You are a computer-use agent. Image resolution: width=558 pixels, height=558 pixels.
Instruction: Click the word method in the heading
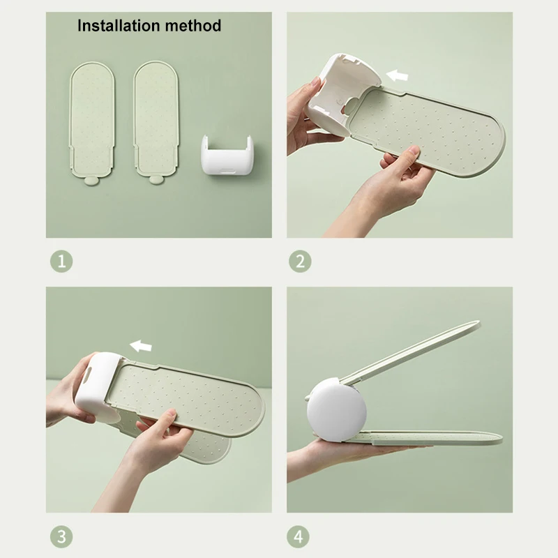coord(193,26)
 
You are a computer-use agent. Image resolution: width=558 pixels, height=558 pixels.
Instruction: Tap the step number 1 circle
coord(61,261)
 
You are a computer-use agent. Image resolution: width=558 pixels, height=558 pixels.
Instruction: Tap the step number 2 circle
coord(300,261)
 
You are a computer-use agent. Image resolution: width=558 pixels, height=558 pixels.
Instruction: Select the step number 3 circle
coord(61,536)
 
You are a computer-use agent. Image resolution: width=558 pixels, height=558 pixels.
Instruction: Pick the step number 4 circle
coord(299,536)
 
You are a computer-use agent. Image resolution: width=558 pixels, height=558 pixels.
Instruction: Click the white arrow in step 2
coord(397,75)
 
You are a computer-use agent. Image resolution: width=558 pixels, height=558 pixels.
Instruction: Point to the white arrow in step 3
coord(141,345)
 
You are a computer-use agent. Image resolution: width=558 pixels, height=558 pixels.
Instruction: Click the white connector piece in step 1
coord(227,155)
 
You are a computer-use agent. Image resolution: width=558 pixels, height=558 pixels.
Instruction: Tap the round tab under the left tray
coord(92,181)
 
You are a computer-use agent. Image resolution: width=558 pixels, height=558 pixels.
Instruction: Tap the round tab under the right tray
coord(155,180)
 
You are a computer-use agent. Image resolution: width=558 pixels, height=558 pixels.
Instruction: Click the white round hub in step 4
coord(336,412)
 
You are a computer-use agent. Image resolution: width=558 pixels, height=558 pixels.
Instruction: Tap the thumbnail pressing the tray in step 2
coord(414,151)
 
